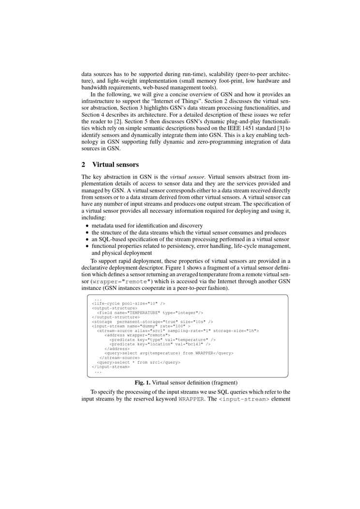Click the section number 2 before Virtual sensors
(x=84, y=164)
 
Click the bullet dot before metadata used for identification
(x=87, y=226)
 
